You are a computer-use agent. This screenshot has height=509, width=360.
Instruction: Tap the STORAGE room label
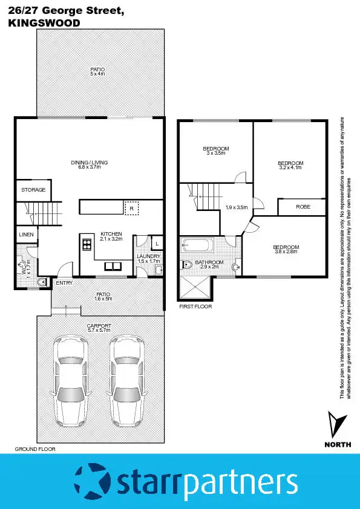point(33,190)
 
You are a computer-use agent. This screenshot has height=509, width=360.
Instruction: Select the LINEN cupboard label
point(26,235)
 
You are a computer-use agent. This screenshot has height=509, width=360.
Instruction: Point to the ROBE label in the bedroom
point(303,207)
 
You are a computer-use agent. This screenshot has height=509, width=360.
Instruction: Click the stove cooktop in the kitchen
point(87,245)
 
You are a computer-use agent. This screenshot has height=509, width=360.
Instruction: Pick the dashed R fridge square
point(131,207)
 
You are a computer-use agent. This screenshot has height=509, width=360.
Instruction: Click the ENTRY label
point(64,283)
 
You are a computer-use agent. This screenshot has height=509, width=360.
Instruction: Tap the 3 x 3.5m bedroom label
point(215,151)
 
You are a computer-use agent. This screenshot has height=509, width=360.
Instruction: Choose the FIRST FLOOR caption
point(195,307)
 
